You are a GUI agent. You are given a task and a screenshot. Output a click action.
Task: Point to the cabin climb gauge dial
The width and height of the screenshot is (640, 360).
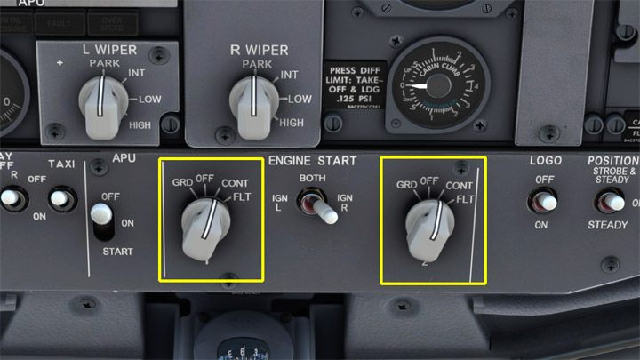click(435, 85)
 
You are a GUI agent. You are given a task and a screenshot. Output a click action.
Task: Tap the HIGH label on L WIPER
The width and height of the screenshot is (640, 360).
click(140, 125)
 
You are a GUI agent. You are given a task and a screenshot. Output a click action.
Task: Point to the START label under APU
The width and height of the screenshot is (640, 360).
click(117, 252)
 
